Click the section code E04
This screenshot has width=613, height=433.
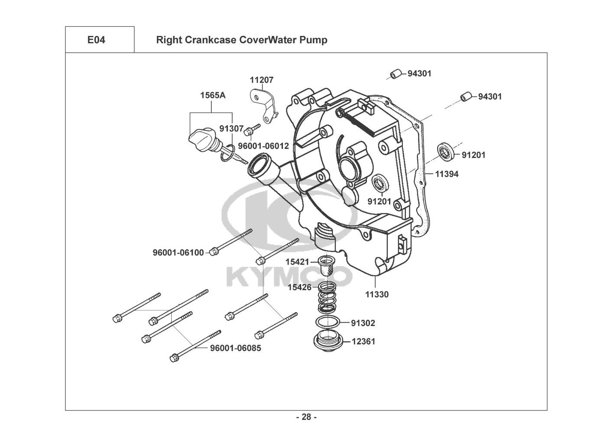pos(96,40)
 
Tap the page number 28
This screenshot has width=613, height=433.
pos(306,417)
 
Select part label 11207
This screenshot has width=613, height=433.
pos(262,80)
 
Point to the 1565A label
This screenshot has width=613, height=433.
pos(212,95)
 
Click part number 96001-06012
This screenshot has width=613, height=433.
pos(263,146)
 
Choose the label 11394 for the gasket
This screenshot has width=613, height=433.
pos(447,174)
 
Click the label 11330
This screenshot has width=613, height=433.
pos(376,294)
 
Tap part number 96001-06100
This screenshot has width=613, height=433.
pos(178,252)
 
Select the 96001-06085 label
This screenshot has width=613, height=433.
pos(236,348)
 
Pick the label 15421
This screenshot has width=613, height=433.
pos(297,262)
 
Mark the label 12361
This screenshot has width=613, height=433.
pos(363,341)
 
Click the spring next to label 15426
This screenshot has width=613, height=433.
pos(328,297)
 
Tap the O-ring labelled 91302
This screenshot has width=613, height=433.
pos(328,323)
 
